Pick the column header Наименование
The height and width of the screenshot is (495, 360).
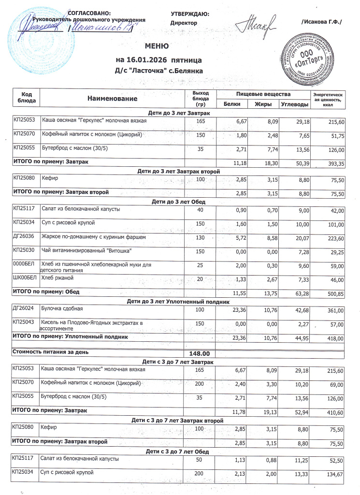(x=112, y=98)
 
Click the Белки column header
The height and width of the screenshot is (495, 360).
(x=232, y=104)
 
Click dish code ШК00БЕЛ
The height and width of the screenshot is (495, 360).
(x=24, y=277)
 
